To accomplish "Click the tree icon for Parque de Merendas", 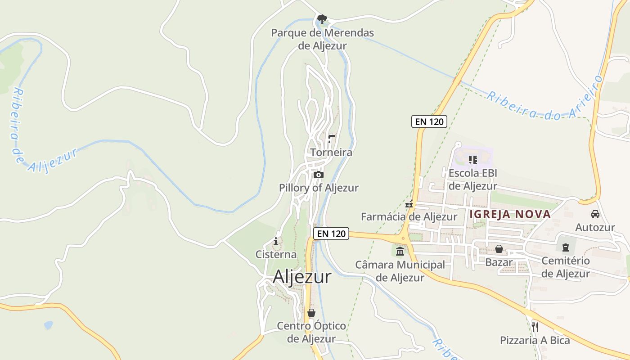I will (322, 19).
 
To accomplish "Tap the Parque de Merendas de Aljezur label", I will (322, 39).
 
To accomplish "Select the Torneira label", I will (331, 153).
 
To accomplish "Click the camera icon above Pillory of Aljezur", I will (319, 175).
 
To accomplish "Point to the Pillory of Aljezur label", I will (319, 188).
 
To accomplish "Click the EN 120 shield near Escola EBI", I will (429, 121).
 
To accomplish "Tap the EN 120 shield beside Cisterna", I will (331, 233).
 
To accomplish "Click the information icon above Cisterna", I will (276, 242).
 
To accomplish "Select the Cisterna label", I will (276, 254).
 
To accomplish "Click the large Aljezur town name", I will (302, 276).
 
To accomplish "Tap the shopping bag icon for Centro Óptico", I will (311, 313).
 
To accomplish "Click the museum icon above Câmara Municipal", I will (400, 251).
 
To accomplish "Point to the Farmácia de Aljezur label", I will (409, 216).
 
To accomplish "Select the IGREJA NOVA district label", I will (510, 214).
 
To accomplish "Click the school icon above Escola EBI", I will (472, 159).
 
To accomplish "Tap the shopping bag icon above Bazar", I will (499, 249).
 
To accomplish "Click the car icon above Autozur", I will (595, 214).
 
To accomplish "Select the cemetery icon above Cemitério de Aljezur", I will (566, 247).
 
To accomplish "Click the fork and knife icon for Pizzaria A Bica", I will (535, 327).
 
